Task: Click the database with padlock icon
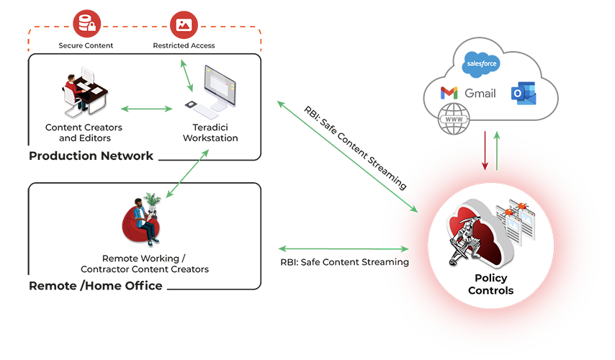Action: [x=87, y=25]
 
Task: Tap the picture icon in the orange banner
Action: [x=184, y=25]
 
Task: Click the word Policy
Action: [x=491, y=279]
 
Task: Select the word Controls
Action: [x=491, y=291]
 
